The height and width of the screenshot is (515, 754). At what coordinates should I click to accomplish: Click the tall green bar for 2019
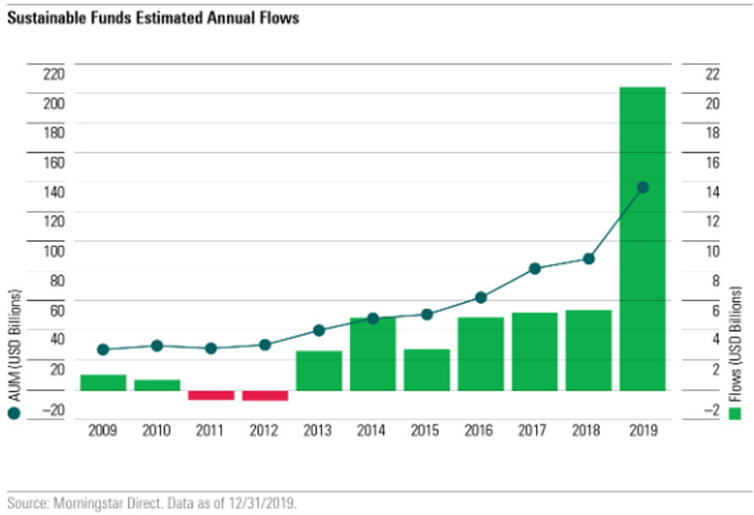(x=642, y=238)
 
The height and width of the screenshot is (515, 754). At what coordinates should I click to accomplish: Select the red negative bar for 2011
(x=210, y=395)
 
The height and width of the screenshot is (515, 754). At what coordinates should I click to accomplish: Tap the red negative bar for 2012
(x=265, y=395)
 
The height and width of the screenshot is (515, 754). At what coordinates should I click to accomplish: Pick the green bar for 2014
(x=373, y=353)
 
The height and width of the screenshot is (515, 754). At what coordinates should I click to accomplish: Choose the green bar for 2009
(x=103, y=382)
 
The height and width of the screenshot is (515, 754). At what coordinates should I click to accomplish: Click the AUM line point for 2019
(x=642, y=187)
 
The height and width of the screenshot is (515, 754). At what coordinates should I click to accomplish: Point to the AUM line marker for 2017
(x=534, y=269)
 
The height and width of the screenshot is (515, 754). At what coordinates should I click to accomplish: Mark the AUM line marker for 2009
(x=103, y=349)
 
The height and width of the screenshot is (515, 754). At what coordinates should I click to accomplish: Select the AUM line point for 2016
(x=480, y=298)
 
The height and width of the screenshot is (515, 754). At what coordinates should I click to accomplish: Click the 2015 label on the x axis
(x=426, y=430)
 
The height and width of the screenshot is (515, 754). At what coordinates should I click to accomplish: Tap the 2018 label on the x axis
(x=588, y=430)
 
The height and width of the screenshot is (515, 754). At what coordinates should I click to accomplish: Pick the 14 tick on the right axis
(x=712, y=192)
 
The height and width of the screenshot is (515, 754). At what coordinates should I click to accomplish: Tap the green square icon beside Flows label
(x=735, y=414)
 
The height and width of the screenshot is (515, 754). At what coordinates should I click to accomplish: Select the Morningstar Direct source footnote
(x=153, y=502)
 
